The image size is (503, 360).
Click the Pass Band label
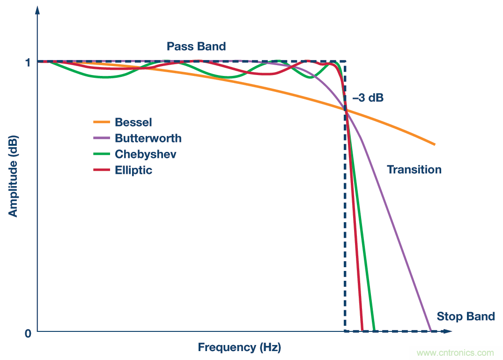pos(196,46)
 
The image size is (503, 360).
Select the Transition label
pos(414,170)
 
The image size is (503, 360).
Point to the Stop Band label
pos(466,316)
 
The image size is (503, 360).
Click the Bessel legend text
pos(133,123)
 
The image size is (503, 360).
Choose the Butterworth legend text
pos(148,138)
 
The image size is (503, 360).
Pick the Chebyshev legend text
pos(146,154)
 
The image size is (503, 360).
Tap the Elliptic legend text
pos(133,170)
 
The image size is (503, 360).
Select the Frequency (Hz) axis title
pos(239,347)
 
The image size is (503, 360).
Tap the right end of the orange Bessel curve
pos(435,144)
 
